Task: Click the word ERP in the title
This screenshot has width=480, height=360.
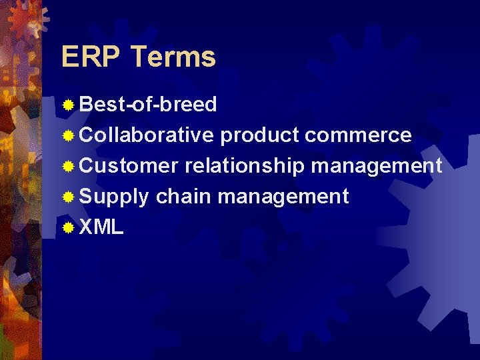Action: tap(91, 57)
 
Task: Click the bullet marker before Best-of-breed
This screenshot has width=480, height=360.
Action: tap(68, 105)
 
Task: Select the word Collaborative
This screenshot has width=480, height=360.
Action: tap(147, 135)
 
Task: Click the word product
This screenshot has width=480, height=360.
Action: tap(259, 135)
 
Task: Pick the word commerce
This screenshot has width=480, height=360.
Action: tap(358, 135)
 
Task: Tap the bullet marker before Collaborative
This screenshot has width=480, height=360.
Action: tap(68, 136)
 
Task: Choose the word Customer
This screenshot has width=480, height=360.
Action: tap(129, 166)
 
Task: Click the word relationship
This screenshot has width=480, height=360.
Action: tap(245, 166)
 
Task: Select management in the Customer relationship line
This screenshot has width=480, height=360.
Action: tap(377, 166)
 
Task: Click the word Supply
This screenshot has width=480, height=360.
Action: tap(114, 197)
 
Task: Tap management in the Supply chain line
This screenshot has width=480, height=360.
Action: tap(283, 197)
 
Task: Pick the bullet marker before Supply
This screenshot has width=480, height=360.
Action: tap(68, 197)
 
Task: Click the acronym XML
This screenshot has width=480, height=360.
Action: tap(101, 227)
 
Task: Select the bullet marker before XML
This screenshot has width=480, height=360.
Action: tap(68, 228)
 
